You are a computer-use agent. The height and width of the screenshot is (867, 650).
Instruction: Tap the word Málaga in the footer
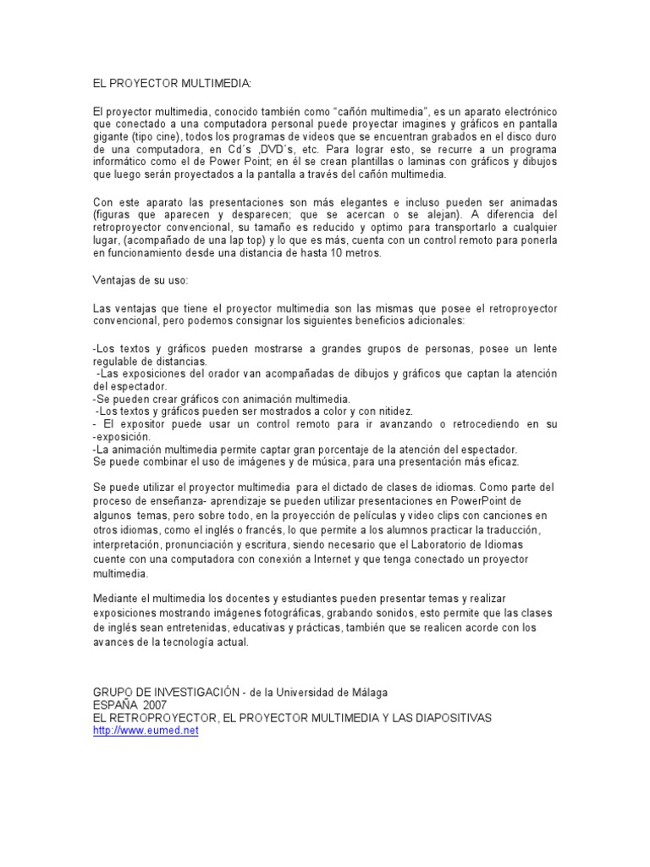coord(369,692)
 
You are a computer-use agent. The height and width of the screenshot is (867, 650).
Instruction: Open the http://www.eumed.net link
coord(146,731)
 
